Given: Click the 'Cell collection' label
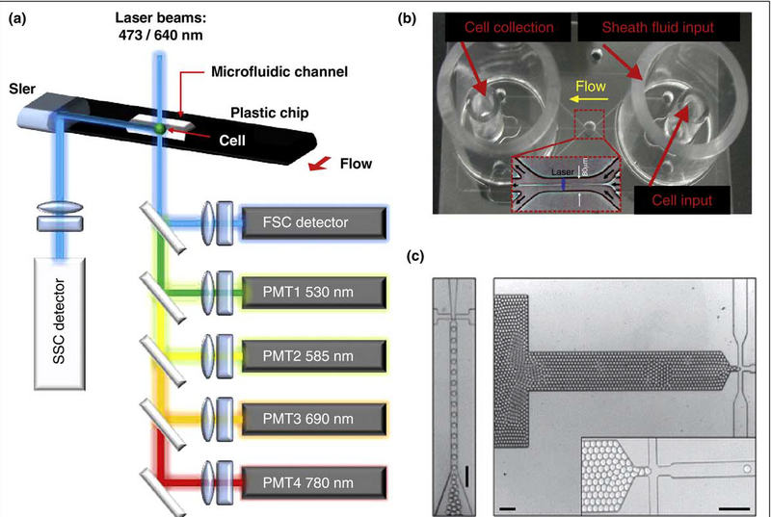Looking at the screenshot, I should tap(495, 28).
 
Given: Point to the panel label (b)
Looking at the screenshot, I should tap(419, 16).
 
